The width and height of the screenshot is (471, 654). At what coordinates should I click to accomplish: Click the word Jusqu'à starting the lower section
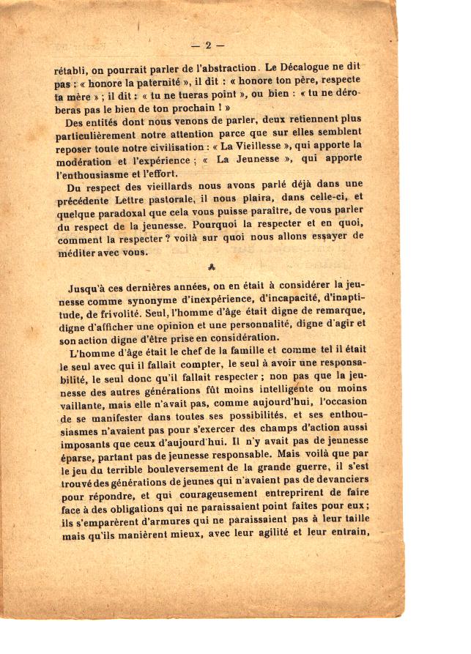click(x=88, y=288)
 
